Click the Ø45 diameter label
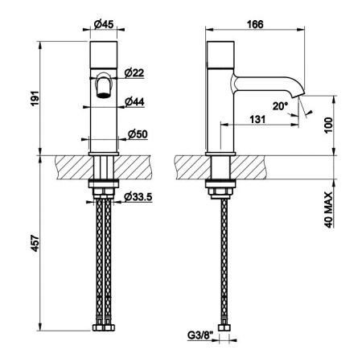pyautogui.click(x=104, y=24)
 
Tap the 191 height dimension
pyautogui.click(x=35, y=99)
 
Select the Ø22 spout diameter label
pyautogui.click(x=134, y=72)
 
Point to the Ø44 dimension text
pyautogui.click(x=134, y=101)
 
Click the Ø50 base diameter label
pyautogui.click(x=138, y=134)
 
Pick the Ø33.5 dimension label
pyautogui.click(x=138, y=197)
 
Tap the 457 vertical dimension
pyautogui.click(x=35, y=243)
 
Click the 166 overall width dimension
pyautogui.click(x=255, y=24)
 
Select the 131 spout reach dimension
pyautogui.click(x=257, y=119)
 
